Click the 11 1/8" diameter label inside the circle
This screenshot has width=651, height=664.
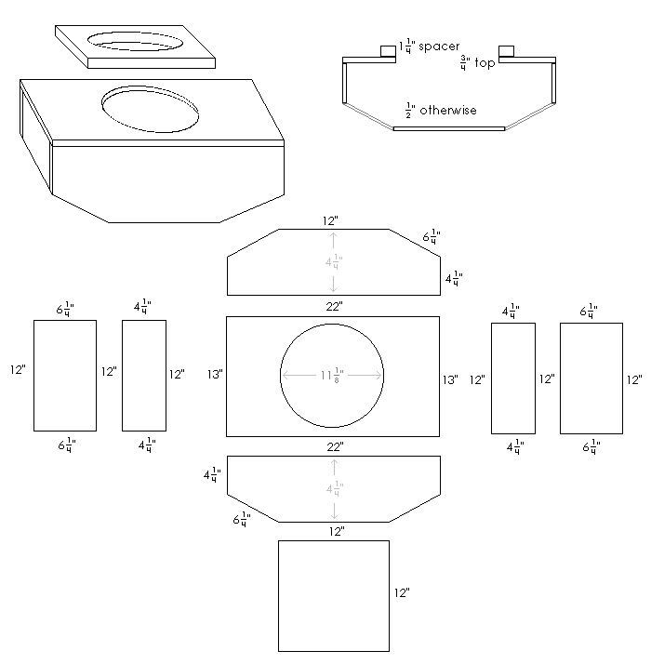332,375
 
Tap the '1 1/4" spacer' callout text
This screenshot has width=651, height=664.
429,46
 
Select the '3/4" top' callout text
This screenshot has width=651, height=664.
477,63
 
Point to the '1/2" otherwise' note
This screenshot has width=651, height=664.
441,110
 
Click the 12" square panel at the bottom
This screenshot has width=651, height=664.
333,595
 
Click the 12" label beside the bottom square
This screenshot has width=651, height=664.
402,592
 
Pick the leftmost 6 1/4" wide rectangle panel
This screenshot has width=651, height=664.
65,375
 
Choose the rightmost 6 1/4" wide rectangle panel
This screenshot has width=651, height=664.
591,378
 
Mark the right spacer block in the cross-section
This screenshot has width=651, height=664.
507,50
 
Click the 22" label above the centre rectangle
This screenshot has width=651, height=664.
334,306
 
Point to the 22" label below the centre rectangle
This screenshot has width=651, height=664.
334,446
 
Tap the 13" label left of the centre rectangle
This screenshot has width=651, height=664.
215,375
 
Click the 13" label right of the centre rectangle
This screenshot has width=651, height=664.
450,379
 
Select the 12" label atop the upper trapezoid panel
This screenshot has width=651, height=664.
332,221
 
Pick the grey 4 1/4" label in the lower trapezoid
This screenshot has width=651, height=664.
333,489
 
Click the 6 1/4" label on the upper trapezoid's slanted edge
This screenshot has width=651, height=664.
432,238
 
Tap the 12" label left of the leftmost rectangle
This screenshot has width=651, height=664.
18,370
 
